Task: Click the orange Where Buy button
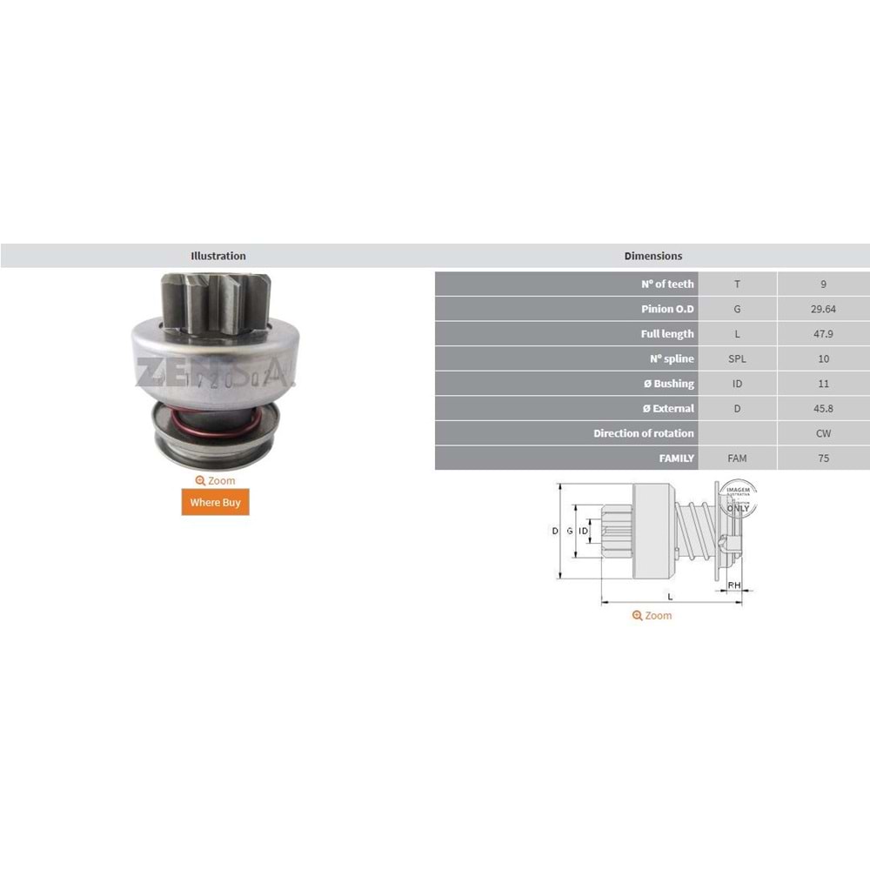point(215,502)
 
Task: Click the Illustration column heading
point(217,256)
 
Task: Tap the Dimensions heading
point(652,256)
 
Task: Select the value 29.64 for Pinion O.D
point(823,309)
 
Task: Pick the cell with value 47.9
point(823,333)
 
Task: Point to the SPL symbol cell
point(737,358)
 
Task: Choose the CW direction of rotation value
point(823,433)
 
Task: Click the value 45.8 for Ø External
point(823,408)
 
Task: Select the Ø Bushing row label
point(667,384)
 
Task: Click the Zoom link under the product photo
point(215,480)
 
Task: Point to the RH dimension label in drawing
point(734,585)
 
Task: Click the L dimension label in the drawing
point(669,596)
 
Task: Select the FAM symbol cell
point(737,458)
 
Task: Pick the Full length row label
point(667,334)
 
